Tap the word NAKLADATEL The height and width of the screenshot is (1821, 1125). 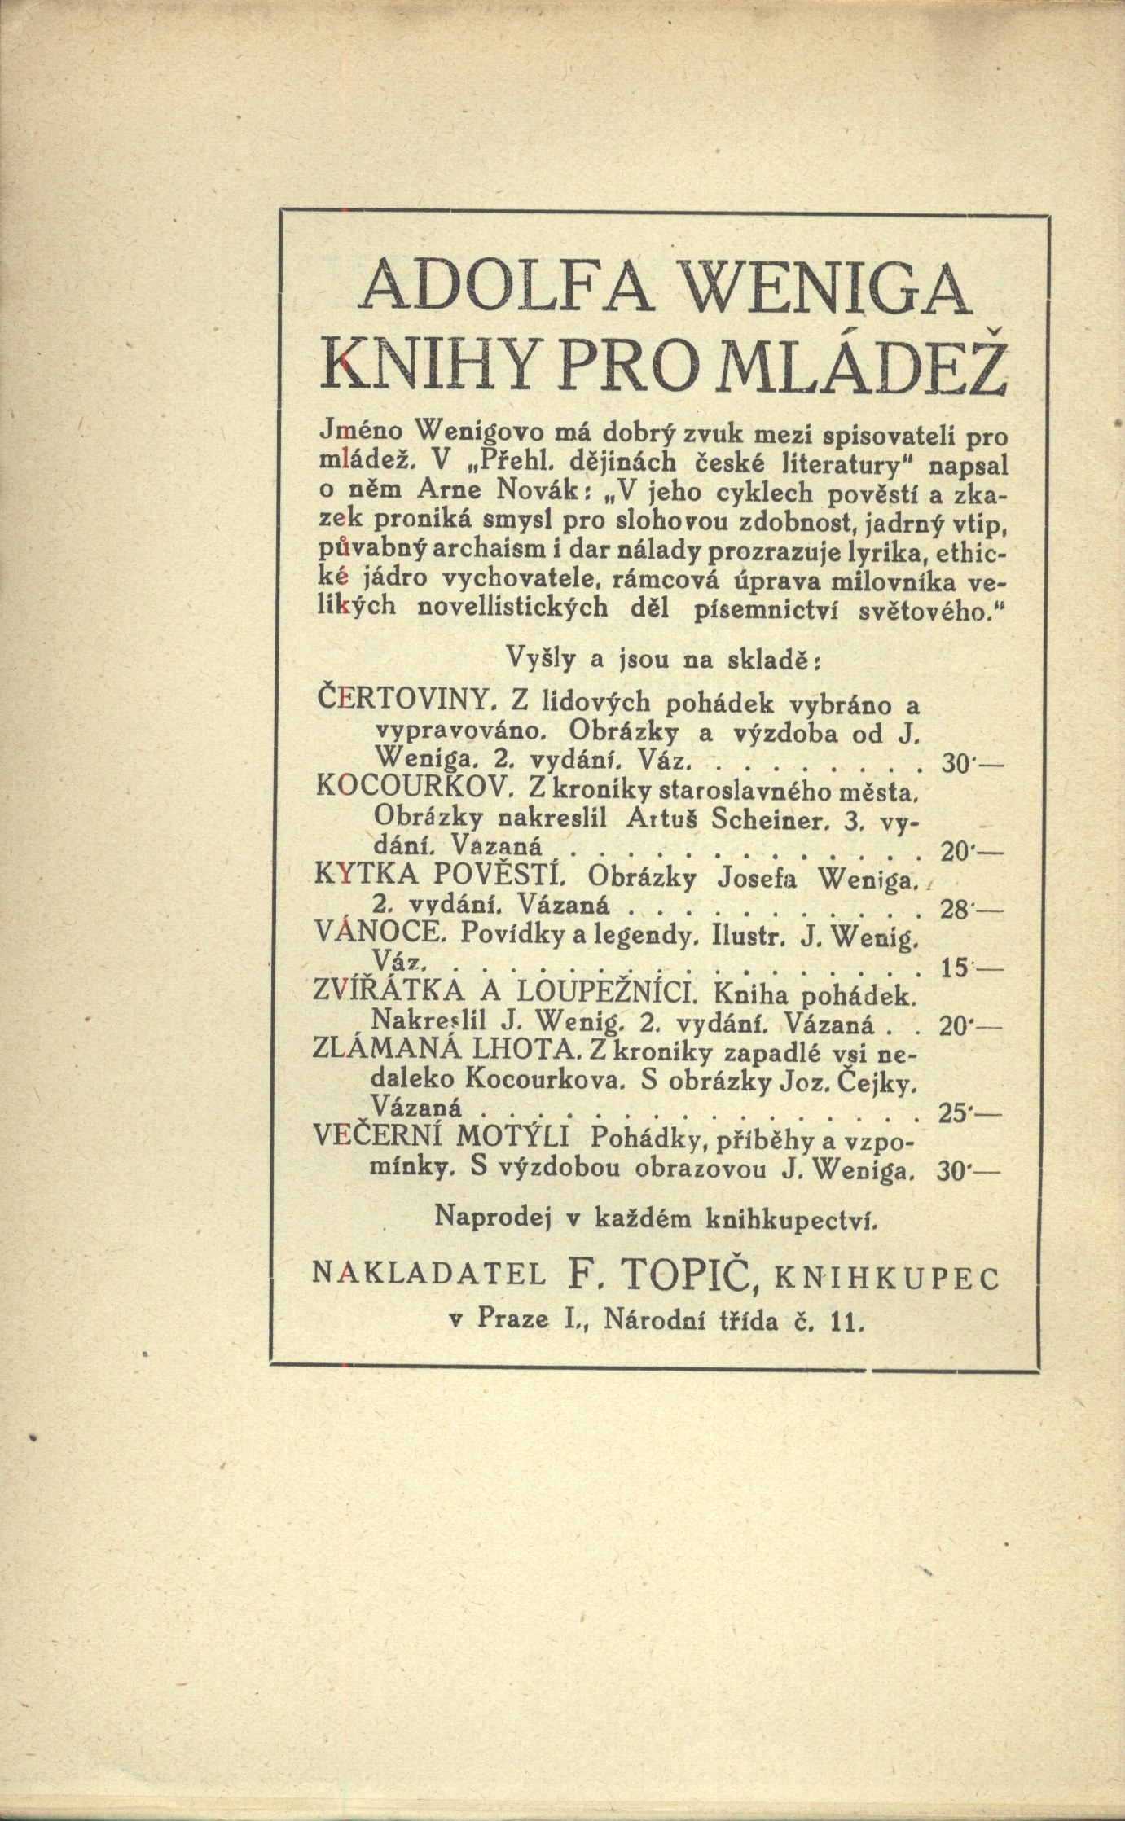428,1282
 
